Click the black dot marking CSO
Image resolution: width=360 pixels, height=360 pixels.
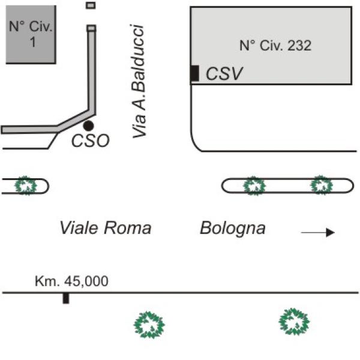click(88, 125)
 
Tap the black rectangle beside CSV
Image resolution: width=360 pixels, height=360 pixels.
click(195, 73)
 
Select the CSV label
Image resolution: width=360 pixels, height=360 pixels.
click(224, 74)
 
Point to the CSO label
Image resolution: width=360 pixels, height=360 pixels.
click(90, 140)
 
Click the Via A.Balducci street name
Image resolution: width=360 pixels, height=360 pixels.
click(139, 81)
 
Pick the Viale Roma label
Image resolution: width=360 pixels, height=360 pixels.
click(106, 228)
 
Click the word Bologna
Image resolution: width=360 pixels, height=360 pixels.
click(233, 229)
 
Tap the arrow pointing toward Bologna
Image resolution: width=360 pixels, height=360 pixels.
click(318, 233)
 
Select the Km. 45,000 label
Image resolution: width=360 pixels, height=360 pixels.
click(71, 281)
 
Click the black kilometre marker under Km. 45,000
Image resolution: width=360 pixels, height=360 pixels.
click(66, 298)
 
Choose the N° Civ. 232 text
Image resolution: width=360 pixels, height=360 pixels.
click(275, 45)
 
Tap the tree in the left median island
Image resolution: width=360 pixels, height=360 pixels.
click(25, 185)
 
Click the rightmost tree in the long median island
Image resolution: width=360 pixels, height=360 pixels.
click(321, 185)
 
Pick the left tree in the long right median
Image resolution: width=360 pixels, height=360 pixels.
click(254, 186)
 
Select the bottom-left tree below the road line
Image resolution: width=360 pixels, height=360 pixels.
click(149, 325)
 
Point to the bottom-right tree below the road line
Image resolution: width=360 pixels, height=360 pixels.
click(294, 322)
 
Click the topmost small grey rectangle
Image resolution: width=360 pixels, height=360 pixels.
click(91, 5)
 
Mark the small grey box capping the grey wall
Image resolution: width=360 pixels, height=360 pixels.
click(91, 28)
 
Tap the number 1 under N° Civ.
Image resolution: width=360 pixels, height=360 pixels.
click(33, 42)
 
